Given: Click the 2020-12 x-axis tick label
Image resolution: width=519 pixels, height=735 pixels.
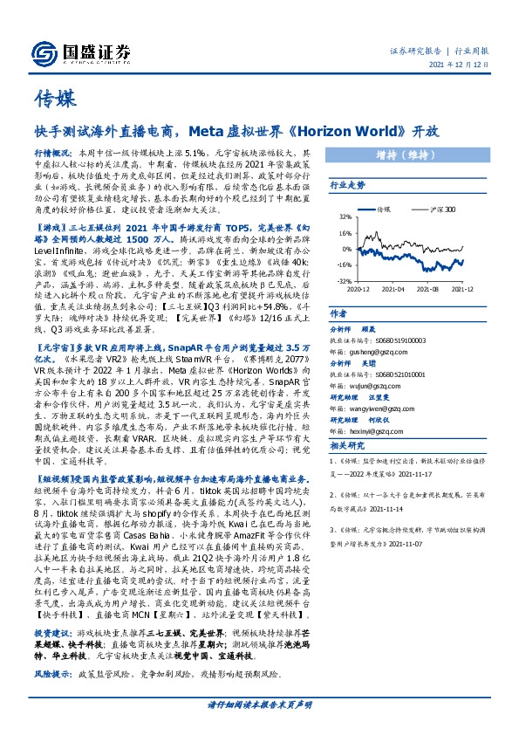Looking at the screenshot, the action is point(358,287).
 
